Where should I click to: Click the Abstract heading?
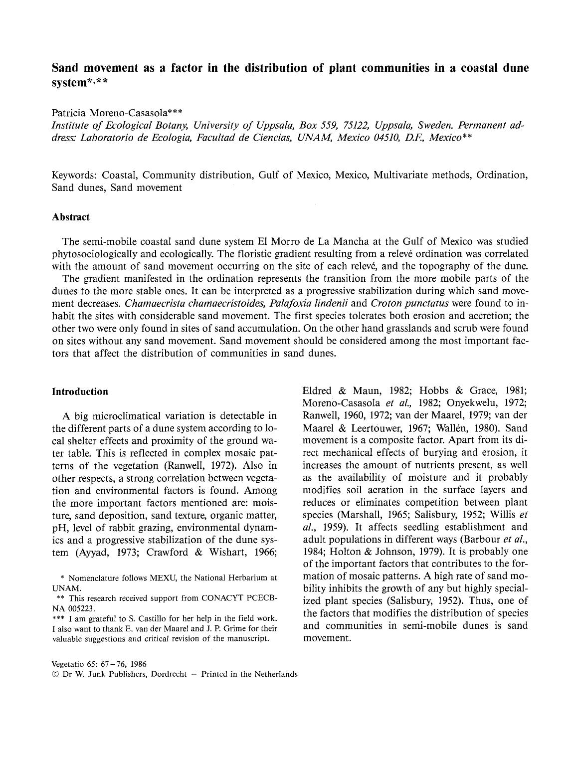tap(71, 217)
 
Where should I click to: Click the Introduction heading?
tap(80, 391)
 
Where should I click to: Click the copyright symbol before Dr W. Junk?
tap(55, 674)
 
